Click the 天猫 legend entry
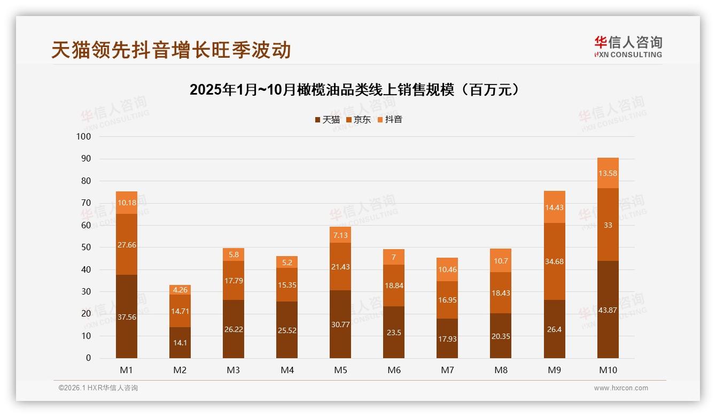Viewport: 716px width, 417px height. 327,120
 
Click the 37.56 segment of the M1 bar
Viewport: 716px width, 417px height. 127,316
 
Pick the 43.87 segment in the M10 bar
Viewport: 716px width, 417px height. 608,310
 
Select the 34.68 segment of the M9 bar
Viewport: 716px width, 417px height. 554,261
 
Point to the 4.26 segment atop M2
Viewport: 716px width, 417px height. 180,290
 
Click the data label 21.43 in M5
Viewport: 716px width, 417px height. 340,267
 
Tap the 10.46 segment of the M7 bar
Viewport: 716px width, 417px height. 447,269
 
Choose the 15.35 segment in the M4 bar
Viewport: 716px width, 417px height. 287,285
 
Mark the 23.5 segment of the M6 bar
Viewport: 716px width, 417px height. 394,332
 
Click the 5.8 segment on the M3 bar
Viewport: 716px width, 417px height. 234,254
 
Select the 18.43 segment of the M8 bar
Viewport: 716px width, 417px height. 501,293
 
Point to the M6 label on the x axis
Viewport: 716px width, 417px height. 394,370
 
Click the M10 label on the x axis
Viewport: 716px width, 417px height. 608,370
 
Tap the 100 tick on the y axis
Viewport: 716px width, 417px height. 84,136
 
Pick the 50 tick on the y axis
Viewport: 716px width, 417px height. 85,248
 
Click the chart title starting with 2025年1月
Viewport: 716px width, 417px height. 354,90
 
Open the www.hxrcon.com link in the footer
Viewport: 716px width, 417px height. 620,388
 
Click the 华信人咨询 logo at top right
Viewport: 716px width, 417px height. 628,47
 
